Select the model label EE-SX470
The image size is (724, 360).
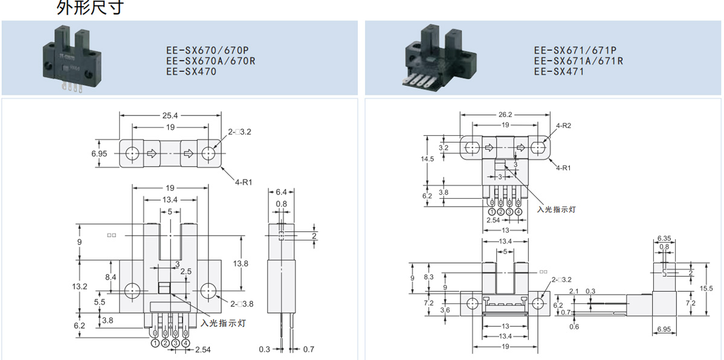[190, 71]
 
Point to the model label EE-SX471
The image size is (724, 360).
[558, 71]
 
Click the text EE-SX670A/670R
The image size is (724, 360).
[211, 62]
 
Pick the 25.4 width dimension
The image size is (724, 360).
[170, 115]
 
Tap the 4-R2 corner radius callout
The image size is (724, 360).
[563, 126]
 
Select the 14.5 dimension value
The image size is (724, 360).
[428, 159]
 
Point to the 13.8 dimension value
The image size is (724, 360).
[241, 263]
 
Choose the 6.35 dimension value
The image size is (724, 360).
[664, 238]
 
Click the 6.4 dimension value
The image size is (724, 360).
[282, 191]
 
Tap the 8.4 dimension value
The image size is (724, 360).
[111, 277]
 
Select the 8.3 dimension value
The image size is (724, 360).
[428, 277]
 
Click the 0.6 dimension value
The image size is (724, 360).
[574, 327]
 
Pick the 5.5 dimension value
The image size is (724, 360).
[100, 301]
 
